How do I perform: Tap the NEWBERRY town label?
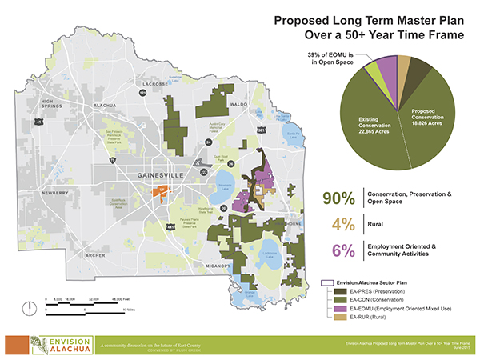click(55, 192)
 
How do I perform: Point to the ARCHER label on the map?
click(94, 255)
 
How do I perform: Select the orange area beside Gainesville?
click(158, 192)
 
